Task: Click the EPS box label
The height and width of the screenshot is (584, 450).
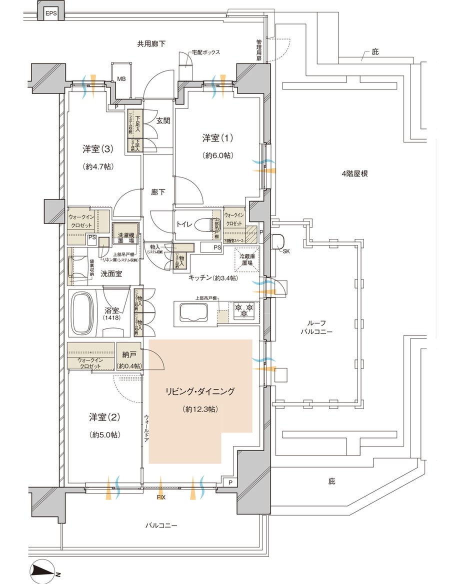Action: tap(50, 13)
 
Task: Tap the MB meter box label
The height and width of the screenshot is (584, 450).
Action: tap(121, 78)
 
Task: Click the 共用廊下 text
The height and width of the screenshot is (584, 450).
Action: tap(152, 44)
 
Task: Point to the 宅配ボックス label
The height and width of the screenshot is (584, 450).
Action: tap(205, 52)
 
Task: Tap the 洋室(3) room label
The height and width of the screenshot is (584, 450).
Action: tap(98, 148)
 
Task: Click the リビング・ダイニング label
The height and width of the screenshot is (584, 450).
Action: tap(200, 392)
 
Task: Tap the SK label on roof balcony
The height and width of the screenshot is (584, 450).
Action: tap(286, 251)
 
